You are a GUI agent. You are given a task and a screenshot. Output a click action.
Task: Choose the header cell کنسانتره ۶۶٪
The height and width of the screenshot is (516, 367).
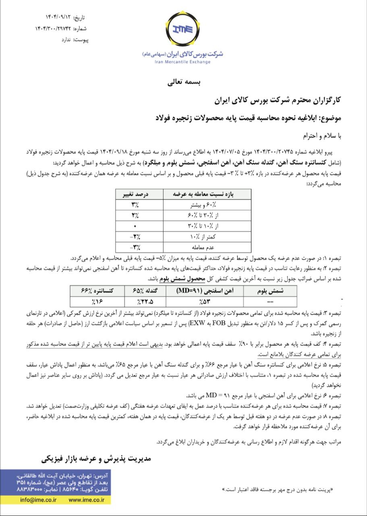[94, 291]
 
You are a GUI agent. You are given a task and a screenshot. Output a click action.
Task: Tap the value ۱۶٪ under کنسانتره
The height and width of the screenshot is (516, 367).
[94, 301]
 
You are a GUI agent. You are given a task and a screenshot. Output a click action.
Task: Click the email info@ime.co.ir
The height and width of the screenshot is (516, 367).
[38, 499]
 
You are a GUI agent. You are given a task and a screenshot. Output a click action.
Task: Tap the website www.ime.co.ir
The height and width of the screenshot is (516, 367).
[86, 499]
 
